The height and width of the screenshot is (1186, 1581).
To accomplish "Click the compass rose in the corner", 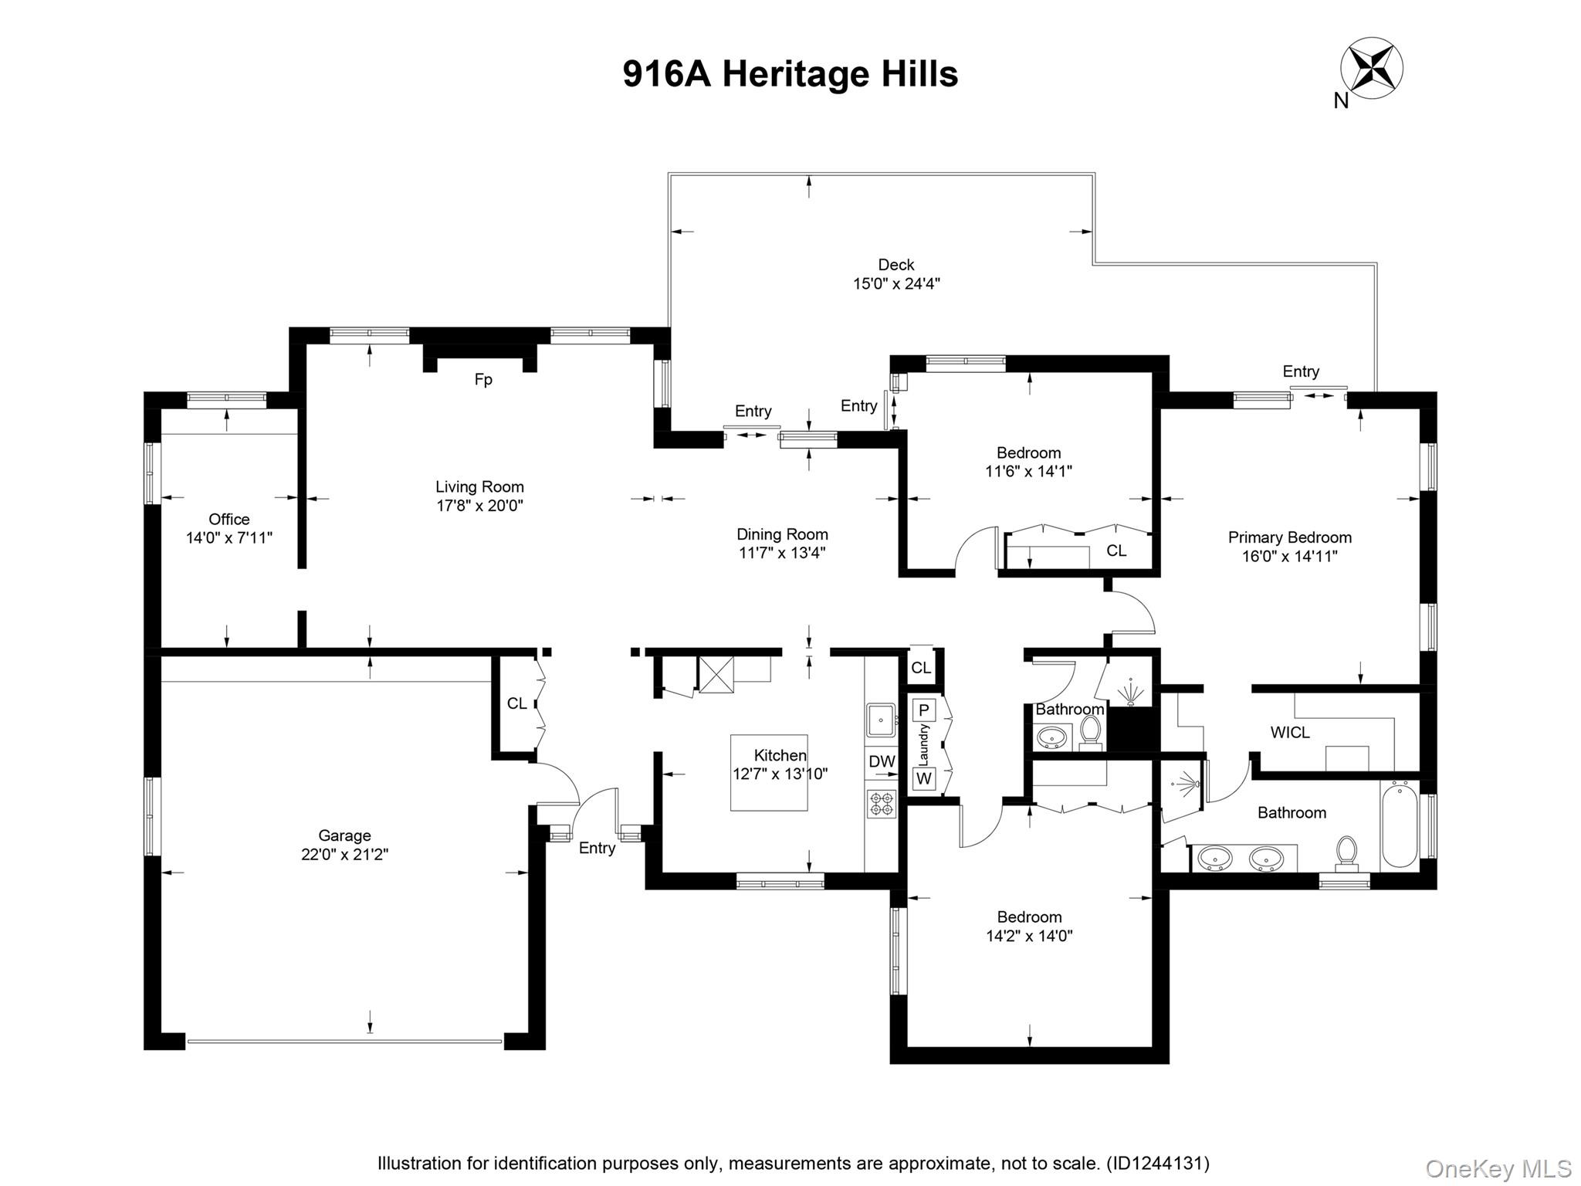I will tap(1372, 70).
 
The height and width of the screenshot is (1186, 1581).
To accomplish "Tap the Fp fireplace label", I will tap(483, 380).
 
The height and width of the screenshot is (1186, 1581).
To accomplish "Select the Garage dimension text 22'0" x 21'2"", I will tap(344, 855).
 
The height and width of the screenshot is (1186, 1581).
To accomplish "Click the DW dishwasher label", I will tap(882, 761).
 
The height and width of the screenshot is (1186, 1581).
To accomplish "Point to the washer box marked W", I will tap(924, 779).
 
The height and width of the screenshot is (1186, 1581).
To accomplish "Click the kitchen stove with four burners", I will tap(881, 804).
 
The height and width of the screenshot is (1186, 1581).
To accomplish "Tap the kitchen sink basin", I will tap(880, 720).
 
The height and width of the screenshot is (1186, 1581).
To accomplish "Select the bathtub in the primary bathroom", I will tap(1400, 824).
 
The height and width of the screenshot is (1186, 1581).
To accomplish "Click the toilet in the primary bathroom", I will tap(1347, 852).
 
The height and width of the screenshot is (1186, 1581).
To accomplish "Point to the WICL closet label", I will tap(1290, 733).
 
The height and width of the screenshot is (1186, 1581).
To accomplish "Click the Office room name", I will tap(229, 519).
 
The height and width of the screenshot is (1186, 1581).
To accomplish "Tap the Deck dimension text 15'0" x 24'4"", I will tap(896, 283).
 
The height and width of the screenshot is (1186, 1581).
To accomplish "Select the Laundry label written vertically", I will tap(924, 744).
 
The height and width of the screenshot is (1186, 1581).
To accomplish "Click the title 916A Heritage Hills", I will tap(790, 74).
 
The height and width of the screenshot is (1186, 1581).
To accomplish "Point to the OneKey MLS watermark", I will tap(1498, 1169).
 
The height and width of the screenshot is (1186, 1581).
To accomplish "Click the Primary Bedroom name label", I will tap(1290, 537).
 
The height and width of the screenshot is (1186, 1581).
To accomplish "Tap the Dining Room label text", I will tap(782, 534).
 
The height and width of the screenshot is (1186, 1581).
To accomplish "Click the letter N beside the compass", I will tap(1341, 101).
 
